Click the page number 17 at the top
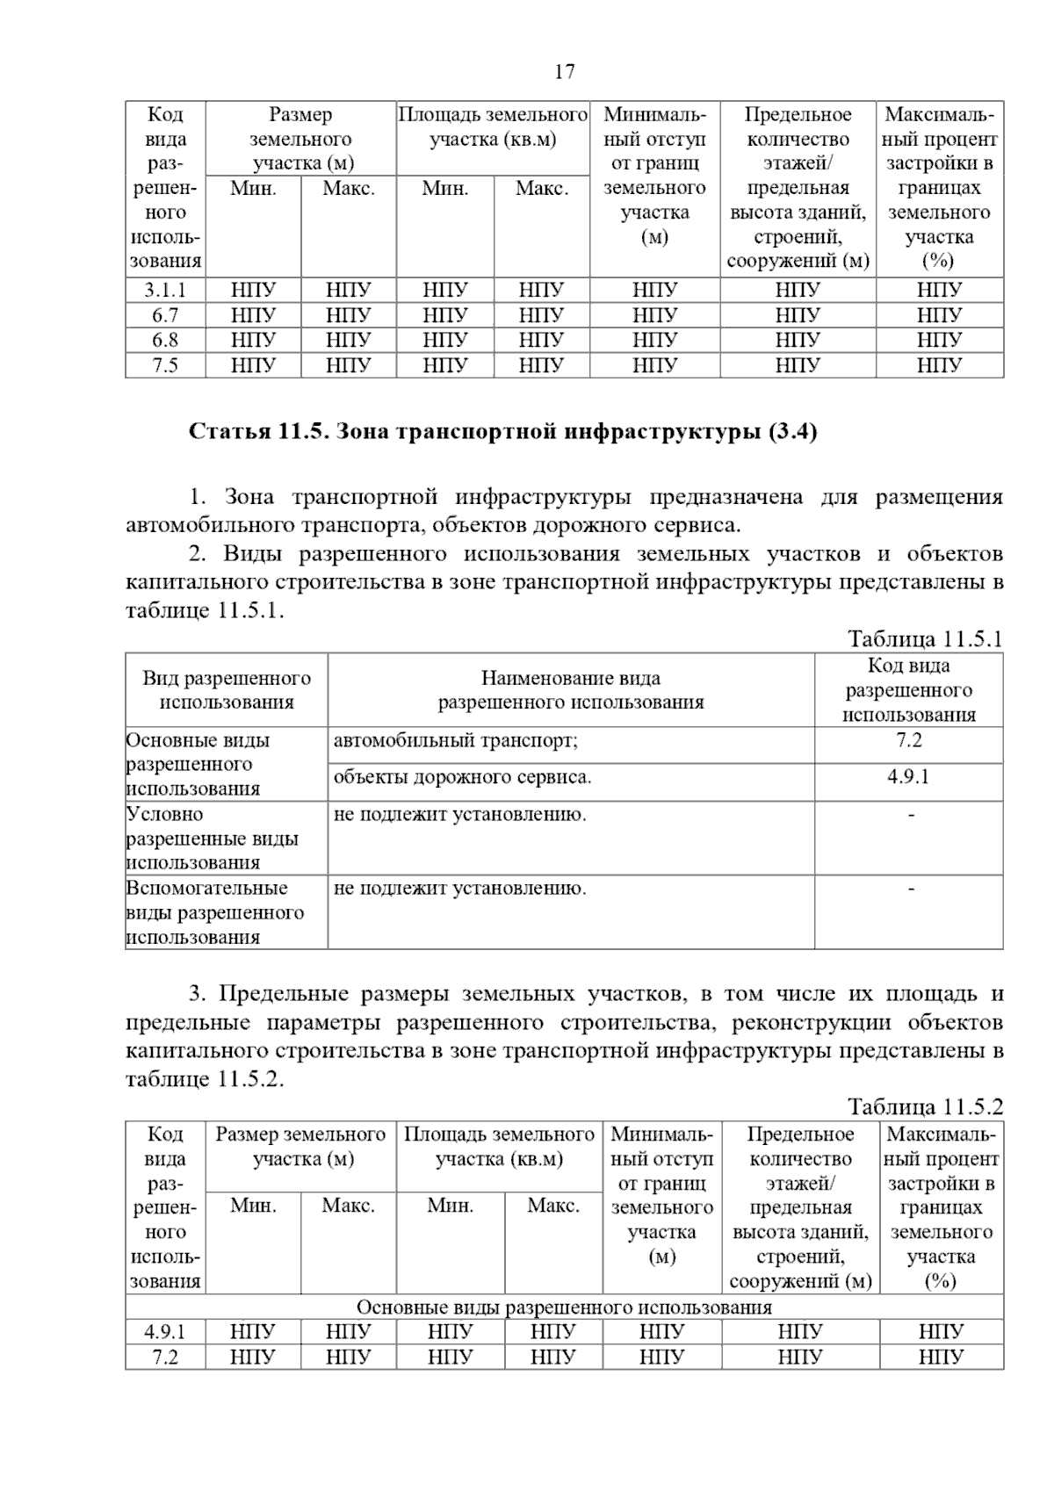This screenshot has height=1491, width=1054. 565,71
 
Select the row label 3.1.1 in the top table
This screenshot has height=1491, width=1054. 165,290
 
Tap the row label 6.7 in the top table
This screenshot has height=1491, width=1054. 165,315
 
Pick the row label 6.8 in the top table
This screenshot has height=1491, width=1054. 165,340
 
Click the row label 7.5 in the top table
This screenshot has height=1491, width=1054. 165,365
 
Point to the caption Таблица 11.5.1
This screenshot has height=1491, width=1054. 925,638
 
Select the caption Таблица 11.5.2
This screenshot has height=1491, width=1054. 925,1106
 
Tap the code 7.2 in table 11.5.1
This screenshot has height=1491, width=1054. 908,740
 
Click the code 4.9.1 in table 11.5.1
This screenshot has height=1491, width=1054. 908,777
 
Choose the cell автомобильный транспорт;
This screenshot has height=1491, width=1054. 456,740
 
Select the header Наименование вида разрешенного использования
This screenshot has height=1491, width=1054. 571,690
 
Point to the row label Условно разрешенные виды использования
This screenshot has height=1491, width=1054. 213,838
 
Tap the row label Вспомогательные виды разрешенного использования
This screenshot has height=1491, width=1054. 215,912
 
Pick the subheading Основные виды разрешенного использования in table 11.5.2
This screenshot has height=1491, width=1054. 564,1307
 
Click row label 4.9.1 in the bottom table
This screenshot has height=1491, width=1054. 165,1332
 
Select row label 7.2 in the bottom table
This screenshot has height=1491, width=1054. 165,1358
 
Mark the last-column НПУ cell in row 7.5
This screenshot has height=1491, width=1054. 940,365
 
